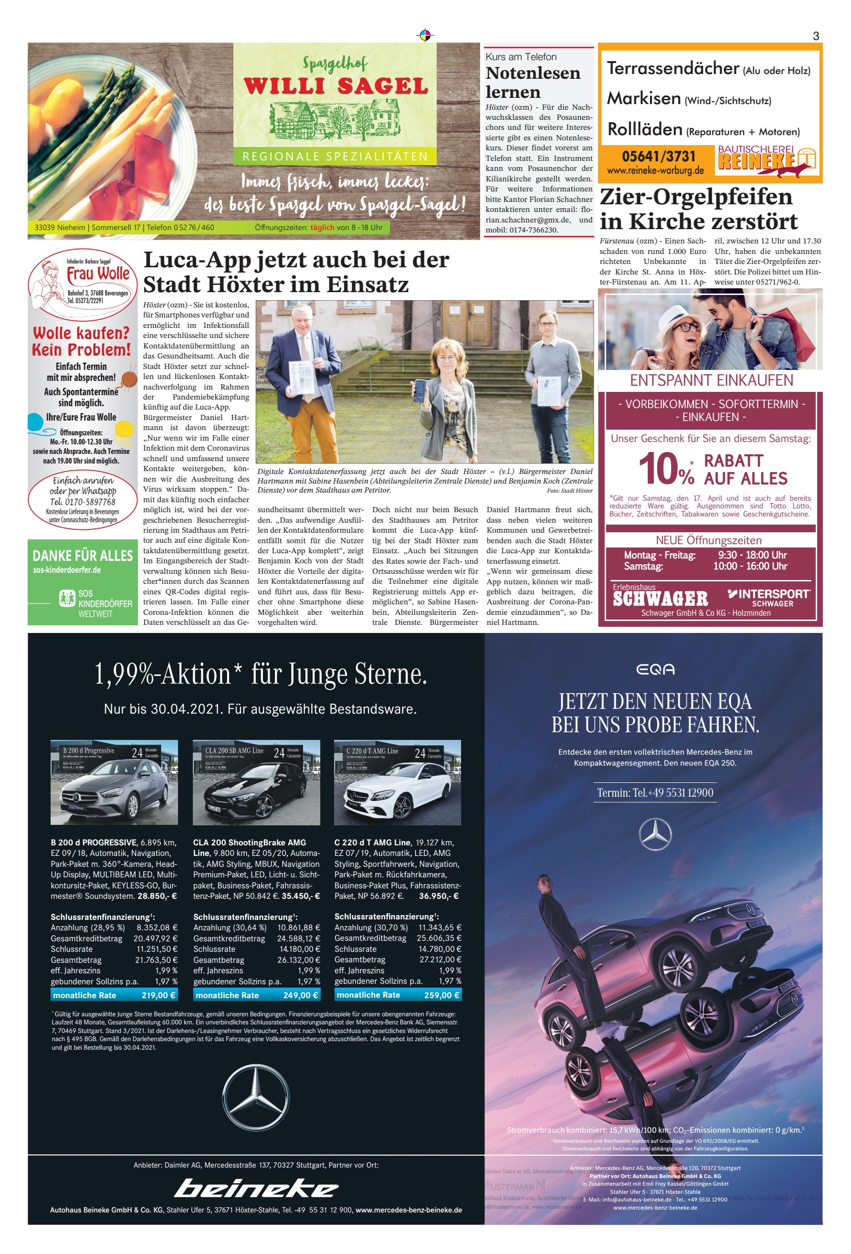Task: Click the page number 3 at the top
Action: (815, 36)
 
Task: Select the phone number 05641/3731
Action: (658, 157)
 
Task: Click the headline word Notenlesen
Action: (533, 74)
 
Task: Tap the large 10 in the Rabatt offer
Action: (658, 468)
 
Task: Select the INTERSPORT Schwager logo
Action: (769, 597)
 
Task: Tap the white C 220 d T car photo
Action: (397, 782)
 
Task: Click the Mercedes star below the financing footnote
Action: (255, 1097)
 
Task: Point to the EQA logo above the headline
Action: (654, 670)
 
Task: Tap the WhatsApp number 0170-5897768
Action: (83, 502)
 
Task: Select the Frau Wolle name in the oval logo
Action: (98, 274)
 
